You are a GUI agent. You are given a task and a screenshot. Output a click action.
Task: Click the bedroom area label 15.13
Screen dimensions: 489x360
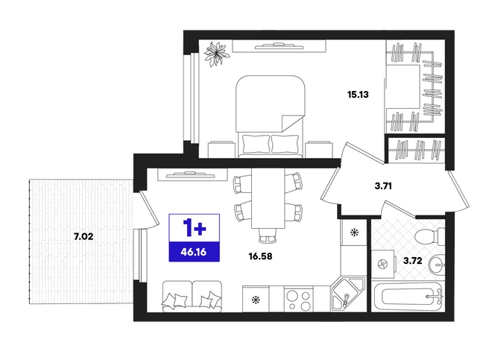tap(358, 94)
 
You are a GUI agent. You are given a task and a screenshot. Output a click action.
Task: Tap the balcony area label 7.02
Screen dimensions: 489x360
tap(83, 237)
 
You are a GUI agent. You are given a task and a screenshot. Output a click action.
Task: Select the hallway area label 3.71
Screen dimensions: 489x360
tap(383, 186)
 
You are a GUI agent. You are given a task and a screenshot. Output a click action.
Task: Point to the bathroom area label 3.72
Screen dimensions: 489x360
tap(413, 260)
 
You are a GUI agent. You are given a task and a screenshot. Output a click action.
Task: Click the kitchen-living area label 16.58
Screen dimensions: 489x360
tap(260, 256)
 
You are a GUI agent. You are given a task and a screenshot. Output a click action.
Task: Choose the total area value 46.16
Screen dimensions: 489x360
tap(194, 252)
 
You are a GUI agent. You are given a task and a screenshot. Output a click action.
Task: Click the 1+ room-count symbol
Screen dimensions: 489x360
tap(195, 227)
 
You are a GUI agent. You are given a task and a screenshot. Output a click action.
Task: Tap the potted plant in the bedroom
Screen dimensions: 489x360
tap(217, 54)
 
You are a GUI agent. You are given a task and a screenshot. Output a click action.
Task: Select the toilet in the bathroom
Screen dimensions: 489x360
tap(430, 236)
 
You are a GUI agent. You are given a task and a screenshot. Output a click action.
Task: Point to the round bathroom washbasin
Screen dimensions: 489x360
tap(436, 265)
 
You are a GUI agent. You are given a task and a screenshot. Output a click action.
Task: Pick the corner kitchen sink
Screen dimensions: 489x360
tap(348, 293)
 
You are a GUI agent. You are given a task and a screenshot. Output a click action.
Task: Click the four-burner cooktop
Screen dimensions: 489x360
tap(299, 299)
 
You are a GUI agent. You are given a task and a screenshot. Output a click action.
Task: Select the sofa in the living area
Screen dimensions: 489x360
tap(192, 297)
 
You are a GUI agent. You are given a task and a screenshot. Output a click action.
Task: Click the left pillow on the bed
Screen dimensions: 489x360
tap(256, 144)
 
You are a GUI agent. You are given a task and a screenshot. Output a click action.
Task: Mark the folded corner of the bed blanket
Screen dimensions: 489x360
tap(292, 123)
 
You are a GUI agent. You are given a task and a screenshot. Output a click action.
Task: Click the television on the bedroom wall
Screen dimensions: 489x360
tap(279, 46)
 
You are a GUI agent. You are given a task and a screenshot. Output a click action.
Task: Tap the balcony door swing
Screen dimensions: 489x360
tap(148, 210)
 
